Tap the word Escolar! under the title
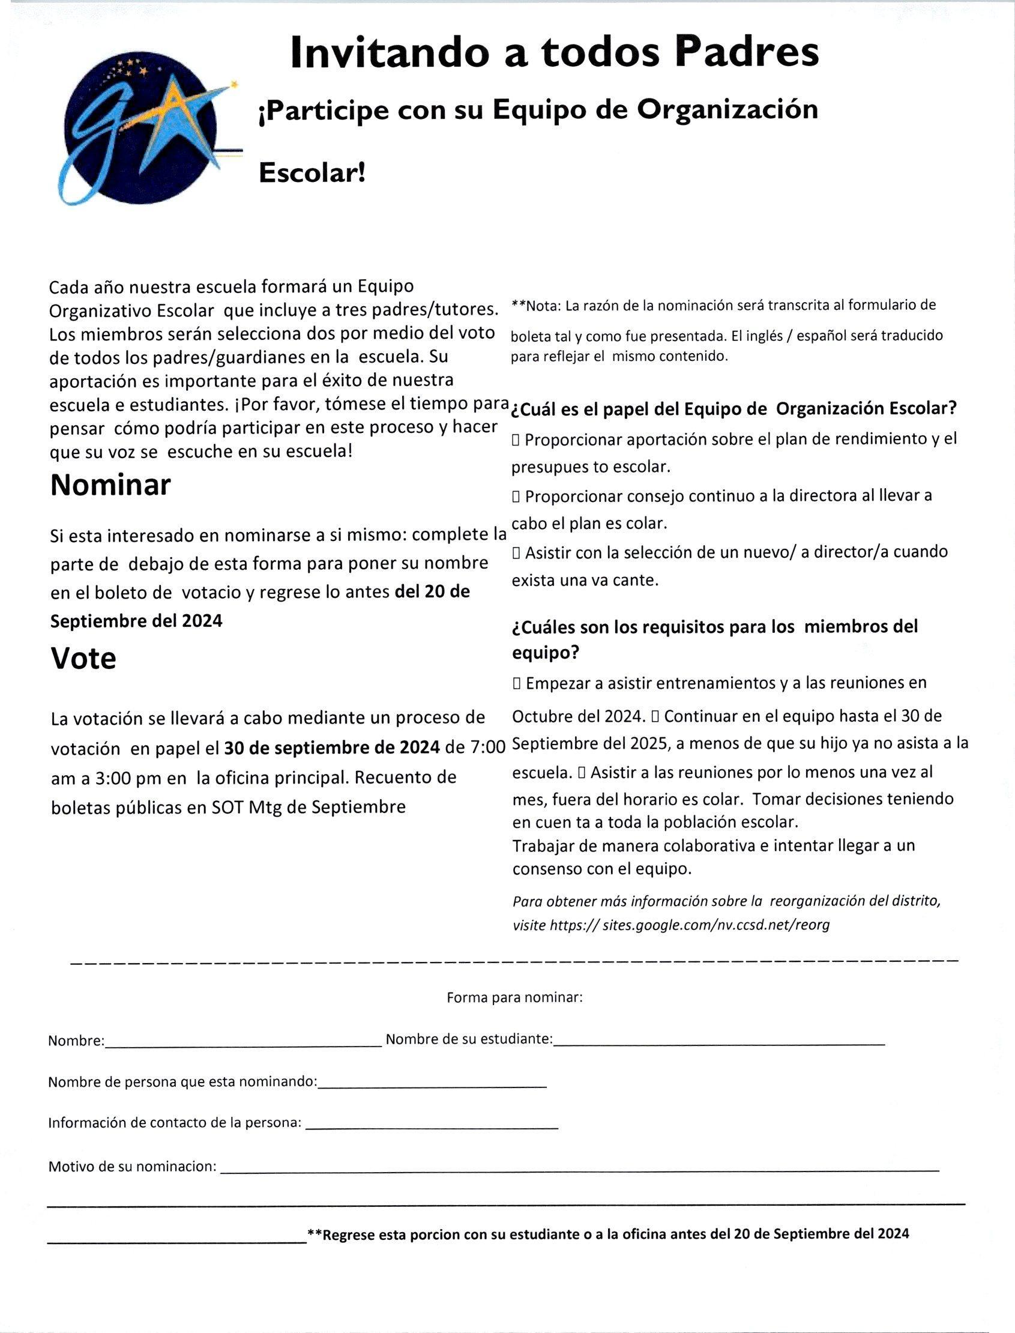click(x=312, y=174)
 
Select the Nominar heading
click(x=110, y=485)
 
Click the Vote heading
click(x=83, y=659)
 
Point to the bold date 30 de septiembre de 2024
click(x=332, y=748)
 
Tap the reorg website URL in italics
click(x=688, y=925)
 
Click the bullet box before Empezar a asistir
click(x=517, y=683)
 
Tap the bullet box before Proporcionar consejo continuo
click(x=516, y=497)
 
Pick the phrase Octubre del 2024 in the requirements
click(x=577, y=717)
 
